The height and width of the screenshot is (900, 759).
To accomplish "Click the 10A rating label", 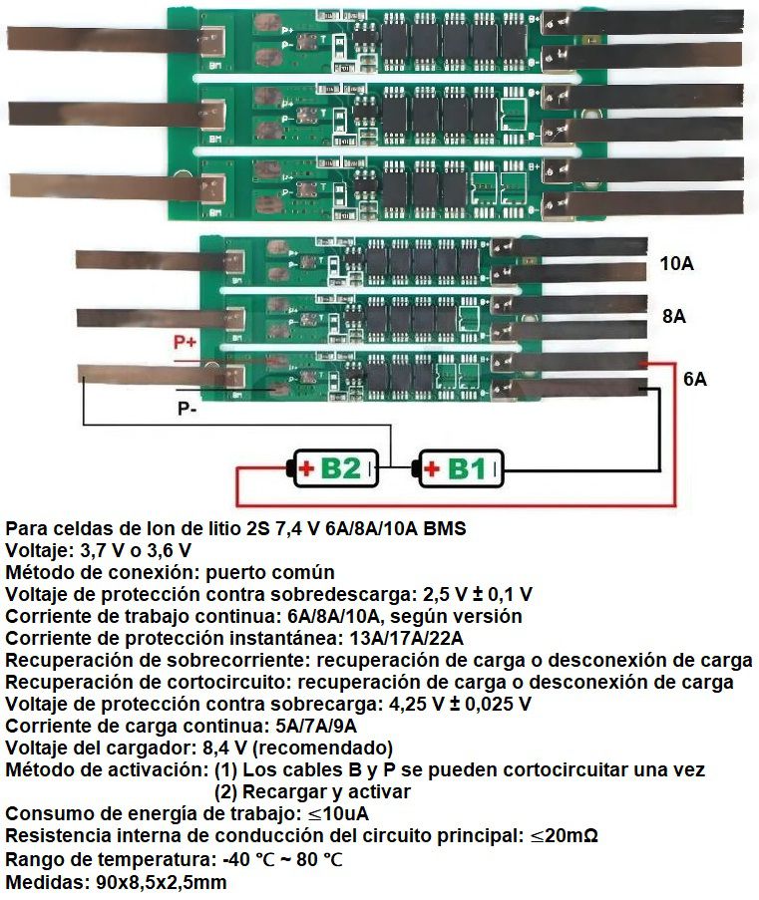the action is (x=677, y=263).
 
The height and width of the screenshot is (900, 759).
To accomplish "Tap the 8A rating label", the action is (x=674, y=316).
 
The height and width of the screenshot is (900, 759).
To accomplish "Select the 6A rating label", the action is (x=694, y=379).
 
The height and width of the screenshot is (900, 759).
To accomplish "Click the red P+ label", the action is (x=185, y=342).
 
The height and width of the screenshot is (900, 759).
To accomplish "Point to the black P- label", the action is (x=187, y=409).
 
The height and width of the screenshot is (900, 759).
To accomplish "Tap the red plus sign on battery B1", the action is (x=431, y=469).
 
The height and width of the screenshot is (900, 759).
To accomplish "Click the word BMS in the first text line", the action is (x=445, y=528).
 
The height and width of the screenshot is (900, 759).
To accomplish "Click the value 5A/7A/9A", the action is (x=316, y=726).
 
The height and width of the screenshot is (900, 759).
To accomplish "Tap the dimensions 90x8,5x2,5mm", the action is (x=158, y=882).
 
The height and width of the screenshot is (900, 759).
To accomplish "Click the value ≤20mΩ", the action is (x=564, y=835).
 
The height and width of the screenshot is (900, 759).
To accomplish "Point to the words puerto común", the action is (x=270, y=572).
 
